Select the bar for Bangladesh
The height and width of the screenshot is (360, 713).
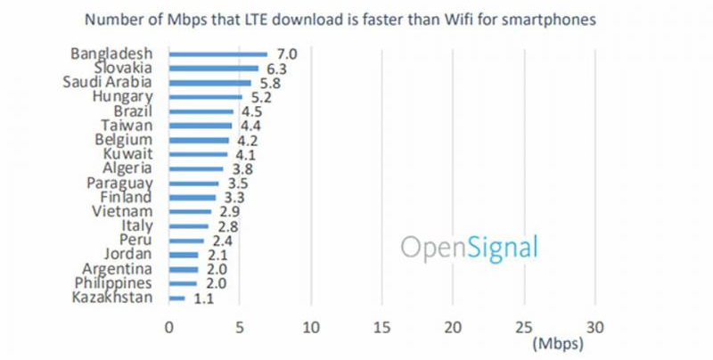click(217, 54)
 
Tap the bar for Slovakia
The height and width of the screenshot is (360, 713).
click(213, 69)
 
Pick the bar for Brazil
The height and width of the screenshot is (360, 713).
click(201, 111)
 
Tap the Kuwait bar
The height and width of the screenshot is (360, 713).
click(198, 154)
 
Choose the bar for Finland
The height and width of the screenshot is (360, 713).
click(192, 197)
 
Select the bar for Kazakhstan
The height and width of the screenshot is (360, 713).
click(176, 298)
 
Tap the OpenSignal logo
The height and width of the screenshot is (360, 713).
click(469, 247)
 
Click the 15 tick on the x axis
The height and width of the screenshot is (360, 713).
click(381, 325)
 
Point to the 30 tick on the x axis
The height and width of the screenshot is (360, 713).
click(595, 325)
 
